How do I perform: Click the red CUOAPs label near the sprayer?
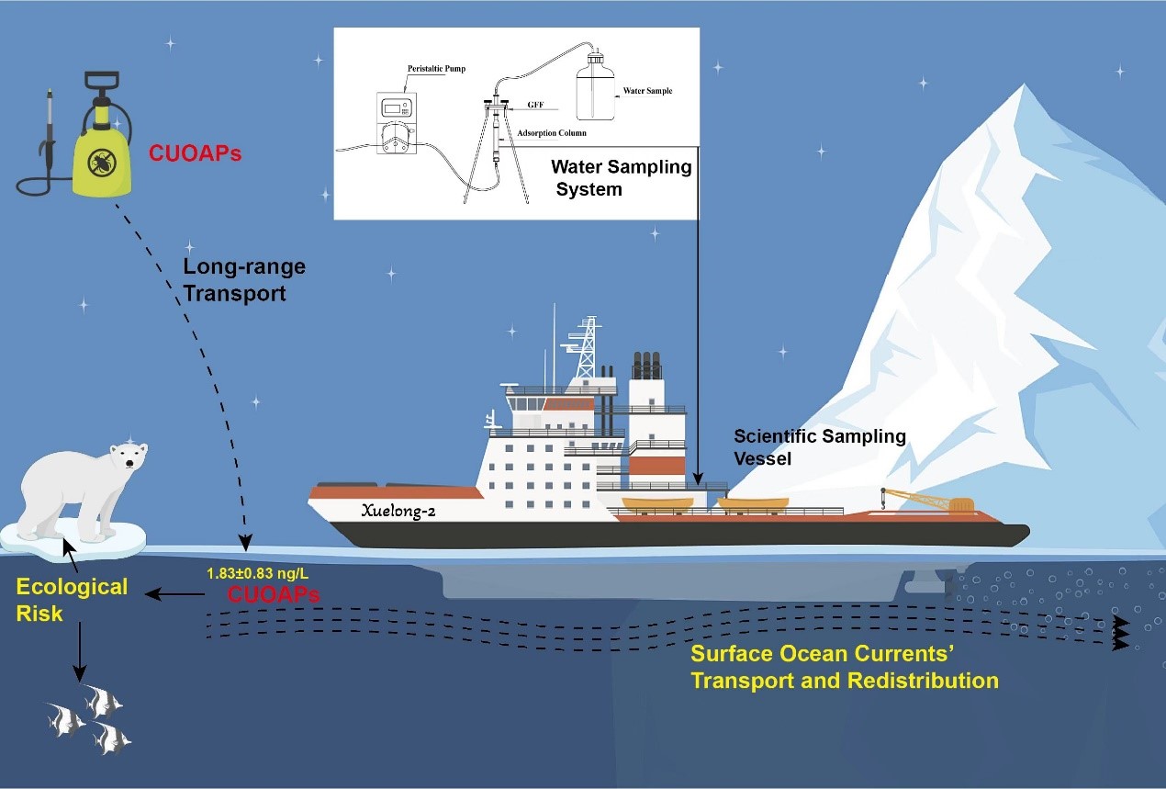coord(194,153)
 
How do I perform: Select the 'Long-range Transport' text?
coord(243,280)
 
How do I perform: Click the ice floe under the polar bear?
coord(73,537)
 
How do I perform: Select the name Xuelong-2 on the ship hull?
coord(398,512)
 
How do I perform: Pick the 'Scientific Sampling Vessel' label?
coord(819,446)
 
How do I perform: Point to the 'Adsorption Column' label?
coord(551,133)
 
